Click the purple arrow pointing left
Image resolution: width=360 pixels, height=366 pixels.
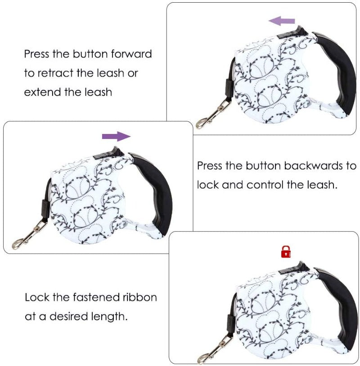(x=282, y=21)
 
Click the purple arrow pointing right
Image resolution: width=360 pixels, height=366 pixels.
(x=117, y=136)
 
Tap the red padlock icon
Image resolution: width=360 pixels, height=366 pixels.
(x=286, y=252)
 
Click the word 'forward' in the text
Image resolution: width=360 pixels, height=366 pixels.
(x=131, y=54)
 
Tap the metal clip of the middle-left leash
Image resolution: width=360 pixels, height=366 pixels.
(x=29, y=235)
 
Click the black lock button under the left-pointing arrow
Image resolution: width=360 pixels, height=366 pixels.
(x=294, y=33)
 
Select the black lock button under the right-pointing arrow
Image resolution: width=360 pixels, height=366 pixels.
(x=109, y=153)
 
